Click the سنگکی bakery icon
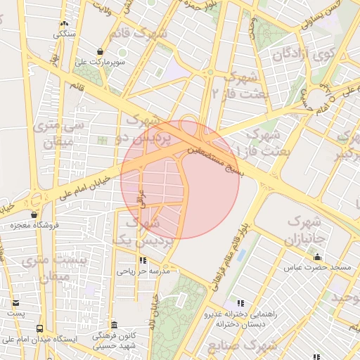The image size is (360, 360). (x=65, y=24)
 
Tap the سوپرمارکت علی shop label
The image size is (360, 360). (x=101, y=61)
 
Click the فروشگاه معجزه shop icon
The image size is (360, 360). (x=34, y=214)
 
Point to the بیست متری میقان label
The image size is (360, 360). (x=53, y=268)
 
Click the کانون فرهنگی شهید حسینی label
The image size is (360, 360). (x=115, y=342)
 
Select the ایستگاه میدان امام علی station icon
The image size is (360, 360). (x=39, y=329)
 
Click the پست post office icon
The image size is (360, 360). (x=15, y=303)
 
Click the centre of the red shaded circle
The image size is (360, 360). (x=180, y=180)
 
